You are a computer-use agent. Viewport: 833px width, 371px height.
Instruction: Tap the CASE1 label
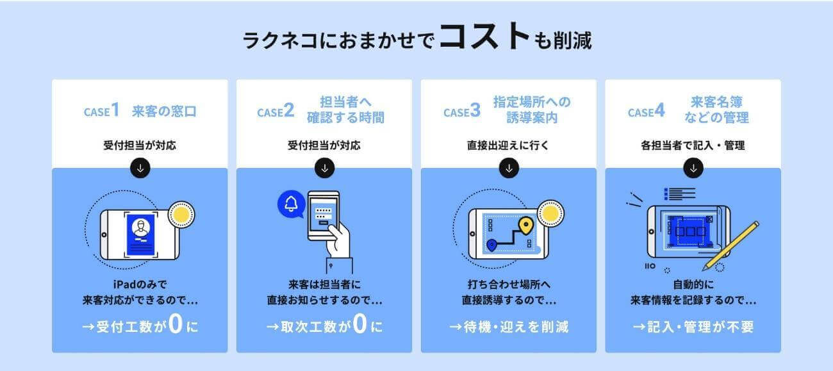click(x=101, y=111)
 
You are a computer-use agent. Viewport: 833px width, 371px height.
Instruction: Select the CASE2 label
click(x=276, y=111)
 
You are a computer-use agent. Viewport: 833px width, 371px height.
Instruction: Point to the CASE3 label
click(x=461, y=111)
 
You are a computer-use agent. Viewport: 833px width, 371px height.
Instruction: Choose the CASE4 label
click(x=646, y=111)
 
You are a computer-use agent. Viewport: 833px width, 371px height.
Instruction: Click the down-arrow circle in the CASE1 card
click(x=140, y=168)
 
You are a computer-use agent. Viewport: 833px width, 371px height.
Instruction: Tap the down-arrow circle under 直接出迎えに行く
click(x=509, y=168)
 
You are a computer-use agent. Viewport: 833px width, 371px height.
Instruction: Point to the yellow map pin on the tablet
click(x=526, y=226)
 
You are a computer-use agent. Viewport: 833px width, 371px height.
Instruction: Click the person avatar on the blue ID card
click(x=140, y=227)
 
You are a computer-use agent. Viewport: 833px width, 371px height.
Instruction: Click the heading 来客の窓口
click(x=164, y=111)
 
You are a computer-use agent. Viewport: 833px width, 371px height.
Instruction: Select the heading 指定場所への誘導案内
click(x=532, y=110)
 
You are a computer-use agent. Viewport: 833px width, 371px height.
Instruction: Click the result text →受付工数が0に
click(x=140, y=326)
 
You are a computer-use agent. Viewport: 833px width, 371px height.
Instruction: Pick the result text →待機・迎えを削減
click(x=509, y=327)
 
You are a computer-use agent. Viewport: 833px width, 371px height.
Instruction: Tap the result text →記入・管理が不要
click(x=693, y=327)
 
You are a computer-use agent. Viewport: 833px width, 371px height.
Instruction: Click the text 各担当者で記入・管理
click(x=693, y=145)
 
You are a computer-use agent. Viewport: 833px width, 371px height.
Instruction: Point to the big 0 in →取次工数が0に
click(x=359, y=326)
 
